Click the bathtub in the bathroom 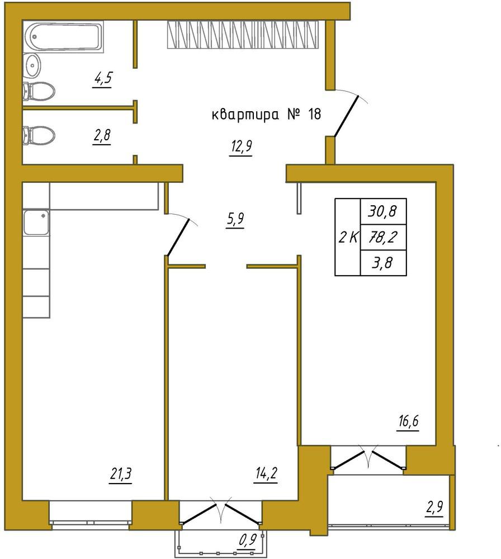[x=63, y=36]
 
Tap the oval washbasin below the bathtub [x=32, y=65]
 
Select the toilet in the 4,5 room [x=39, y=91]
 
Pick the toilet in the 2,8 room [x=39, y=135]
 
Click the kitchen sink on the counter [x=36, y=222]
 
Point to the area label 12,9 [x=242, y=147]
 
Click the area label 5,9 [x=235, y=219]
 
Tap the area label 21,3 [x=121, y=475]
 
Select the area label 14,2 [x=266, y=475]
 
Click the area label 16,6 [x=409, y=421]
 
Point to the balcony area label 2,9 [x=434, y=508]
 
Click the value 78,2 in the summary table [x=383, y=237]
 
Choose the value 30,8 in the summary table [x=382, y=212]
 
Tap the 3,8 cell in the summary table [x=382, y=263]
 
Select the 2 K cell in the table [x=348, y=237]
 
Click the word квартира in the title [x=245, y=116]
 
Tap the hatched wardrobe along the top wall [x=243, y=35]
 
